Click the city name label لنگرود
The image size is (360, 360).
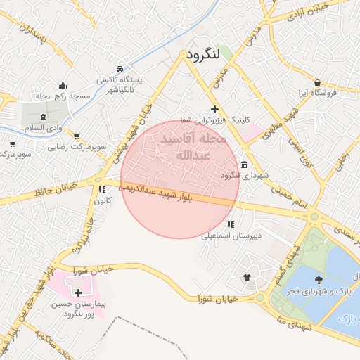click(x=205, y=54)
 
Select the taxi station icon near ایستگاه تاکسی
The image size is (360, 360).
click(x=121, y=69)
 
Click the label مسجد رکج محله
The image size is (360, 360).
click(x=62, y=95)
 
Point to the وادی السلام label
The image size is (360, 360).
click(x=44, y=128)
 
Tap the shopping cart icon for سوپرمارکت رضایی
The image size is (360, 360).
click(x=76, y=136)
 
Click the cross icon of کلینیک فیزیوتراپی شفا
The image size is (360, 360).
click(x=214, y=109)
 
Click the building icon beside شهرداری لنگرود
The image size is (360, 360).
click(x=243, y=165)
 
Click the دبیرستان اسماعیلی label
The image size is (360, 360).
click(x=231, y=236)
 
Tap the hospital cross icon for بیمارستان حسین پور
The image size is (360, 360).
click(x=77, y=292)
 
